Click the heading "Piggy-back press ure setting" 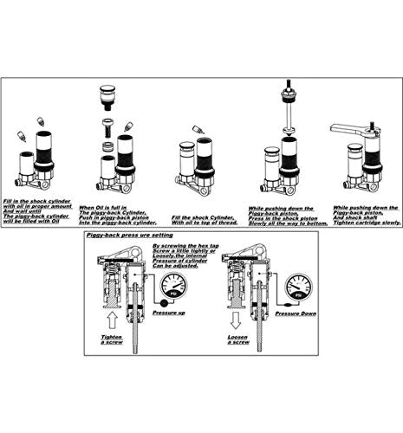[x=129, y=235]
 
